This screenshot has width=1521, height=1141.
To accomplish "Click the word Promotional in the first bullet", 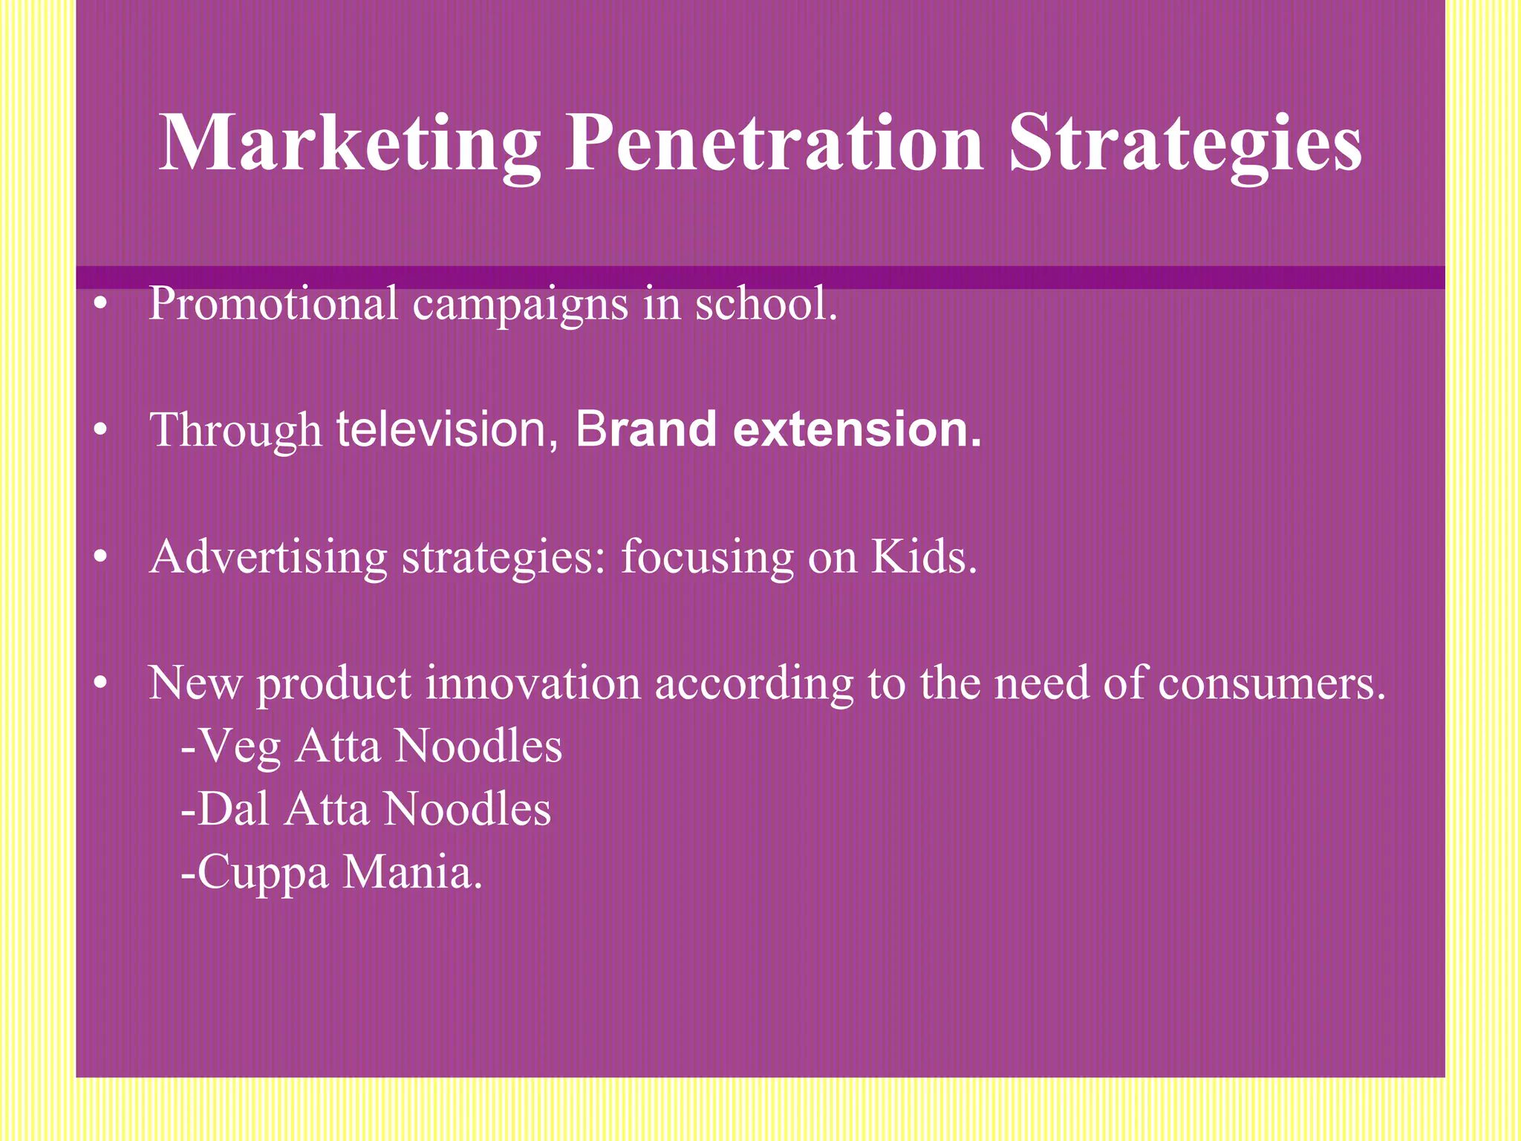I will coord(273,304).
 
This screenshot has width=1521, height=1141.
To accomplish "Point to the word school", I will coord(766,304).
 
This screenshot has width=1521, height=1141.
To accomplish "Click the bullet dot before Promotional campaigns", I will coord(102,305).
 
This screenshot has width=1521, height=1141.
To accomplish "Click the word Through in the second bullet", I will coord(235,431).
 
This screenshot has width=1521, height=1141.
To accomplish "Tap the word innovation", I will coord(532,683).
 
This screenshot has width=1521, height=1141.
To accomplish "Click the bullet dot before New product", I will coord(102,683).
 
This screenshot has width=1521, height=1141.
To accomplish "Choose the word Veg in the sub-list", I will coord(239,747).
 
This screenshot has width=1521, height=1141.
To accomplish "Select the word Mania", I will coord(412,872).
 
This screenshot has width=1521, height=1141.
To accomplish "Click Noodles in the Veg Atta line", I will coord(478,746).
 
